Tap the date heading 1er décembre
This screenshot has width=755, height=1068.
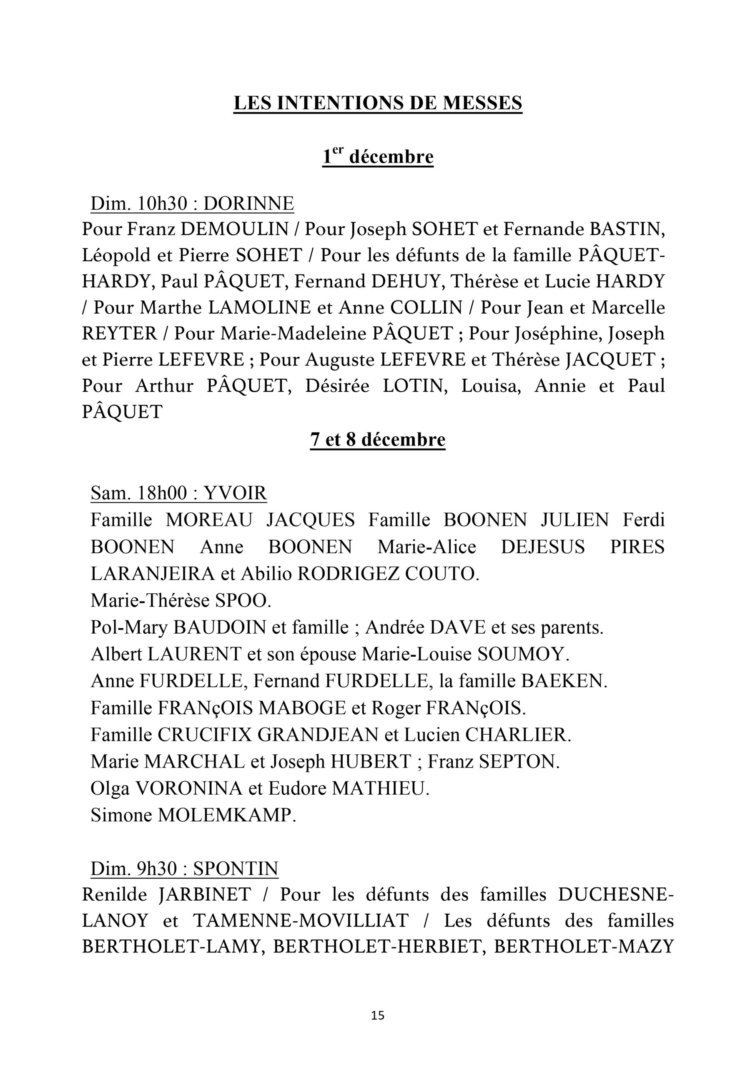[378, 156]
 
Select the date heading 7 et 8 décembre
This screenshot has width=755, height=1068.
[378, 439]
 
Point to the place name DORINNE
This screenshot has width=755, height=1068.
[249, 203]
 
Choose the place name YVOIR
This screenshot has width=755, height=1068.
[235, 493]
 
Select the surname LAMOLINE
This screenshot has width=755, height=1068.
[259, 307]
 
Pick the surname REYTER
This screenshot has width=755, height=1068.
[120, 333]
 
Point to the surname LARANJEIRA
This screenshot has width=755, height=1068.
[153, 574]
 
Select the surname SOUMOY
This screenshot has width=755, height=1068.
[523, 655]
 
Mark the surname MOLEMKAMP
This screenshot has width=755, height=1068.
[227, 815]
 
